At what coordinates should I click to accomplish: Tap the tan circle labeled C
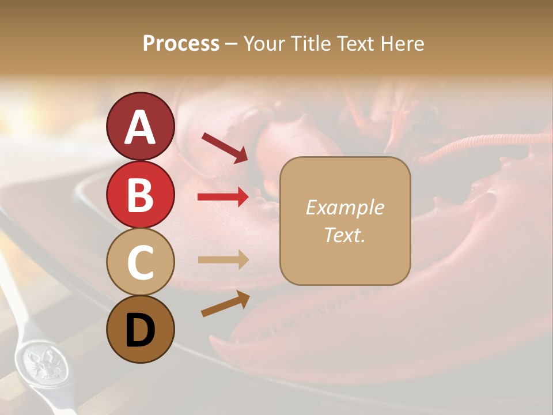140,262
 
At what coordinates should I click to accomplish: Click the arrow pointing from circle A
224,147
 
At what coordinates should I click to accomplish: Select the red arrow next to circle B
223,197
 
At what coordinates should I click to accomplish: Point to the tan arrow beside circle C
223,260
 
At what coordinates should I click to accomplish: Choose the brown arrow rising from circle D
225,304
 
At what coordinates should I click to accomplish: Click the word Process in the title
181,43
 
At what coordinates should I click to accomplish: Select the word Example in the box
344,207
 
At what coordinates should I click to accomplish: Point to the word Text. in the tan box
344,235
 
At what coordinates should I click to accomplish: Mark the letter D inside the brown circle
140,330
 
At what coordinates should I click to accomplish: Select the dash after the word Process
231,44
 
